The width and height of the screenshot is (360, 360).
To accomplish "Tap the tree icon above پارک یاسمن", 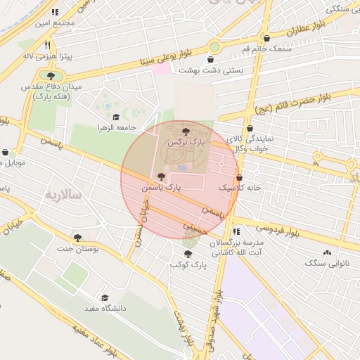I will [162, 176].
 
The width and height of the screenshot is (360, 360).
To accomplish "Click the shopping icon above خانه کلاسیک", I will [240, 177].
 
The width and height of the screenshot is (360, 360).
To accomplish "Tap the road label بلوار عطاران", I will [306, 30].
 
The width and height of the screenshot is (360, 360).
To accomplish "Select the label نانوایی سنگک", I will [326, 262].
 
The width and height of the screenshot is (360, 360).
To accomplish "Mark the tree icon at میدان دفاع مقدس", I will [50, 75].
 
